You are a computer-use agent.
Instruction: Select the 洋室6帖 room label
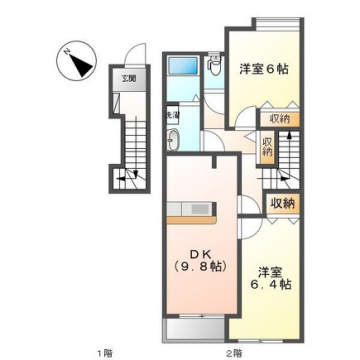264,70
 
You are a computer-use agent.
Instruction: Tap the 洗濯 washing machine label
171,117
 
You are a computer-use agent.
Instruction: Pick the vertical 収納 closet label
267,149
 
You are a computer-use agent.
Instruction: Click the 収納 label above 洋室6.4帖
283,203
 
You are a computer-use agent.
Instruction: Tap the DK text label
193,255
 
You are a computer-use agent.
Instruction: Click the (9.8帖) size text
193,268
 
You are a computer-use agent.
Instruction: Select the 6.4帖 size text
271,285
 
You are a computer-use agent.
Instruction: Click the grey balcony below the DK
195,331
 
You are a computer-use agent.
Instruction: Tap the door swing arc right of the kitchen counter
247,207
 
